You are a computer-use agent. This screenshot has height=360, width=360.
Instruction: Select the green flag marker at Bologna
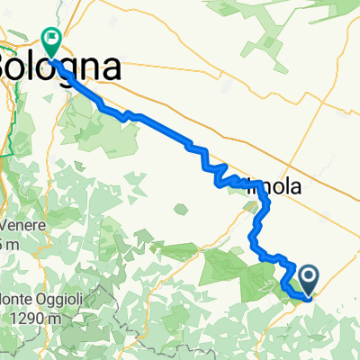point(51,41)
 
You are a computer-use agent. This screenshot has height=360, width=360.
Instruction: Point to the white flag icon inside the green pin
point(51,39)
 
